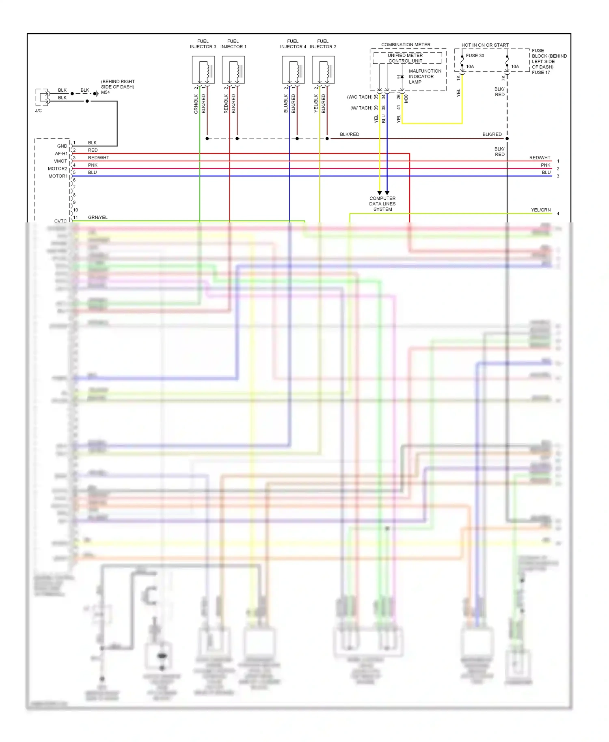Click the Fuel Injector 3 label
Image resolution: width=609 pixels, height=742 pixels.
203,44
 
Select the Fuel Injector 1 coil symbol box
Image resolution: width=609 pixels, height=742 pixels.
233,70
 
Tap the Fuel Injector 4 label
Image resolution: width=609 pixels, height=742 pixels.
293,44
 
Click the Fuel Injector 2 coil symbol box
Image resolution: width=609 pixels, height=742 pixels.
323,70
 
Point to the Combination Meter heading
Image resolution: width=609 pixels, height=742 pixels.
406,45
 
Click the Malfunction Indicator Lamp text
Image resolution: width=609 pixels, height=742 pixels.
425,76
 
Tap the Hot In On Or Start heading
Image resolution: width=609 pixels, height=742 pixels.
485,45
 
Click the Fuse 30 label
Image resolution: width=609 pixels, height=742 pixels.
475,56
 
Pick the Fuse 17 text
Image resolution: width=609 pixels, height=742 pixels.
541,73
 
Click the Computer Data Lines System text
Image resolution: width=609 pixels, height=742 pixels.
382,204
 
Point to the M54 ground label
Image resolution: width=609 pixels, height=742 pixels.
105,93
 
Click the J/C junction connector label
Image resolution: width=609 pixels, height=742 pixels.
38,110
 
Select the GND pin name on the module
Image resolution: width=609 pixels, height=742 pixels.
62,146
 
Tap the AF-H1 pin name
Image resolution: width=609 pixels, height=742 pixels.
61,153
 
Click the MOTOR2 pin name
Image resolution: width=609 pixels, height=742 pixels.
58,168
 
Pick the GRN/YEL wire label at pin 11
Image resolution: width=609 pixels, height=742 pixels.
97,218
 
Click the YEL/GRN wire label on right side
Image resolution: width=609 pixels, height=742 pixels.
541,210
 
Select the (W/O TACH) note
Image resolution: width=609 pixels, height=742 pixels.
360,97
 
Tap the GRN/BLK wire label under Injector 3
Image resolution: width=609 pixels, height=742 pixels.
196,104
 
